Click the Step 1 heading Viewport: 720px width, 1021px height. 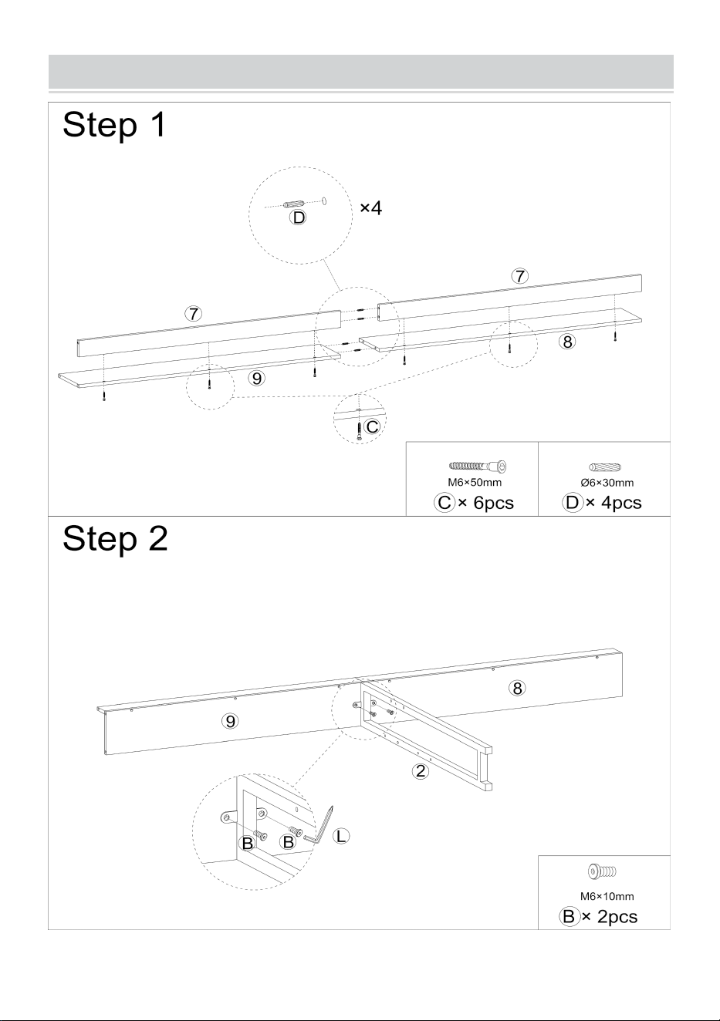(114, 124)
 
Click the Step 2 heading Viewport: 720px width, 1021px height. (115, 538)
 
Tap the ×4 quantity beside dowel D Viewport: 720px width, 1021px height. (371, 208)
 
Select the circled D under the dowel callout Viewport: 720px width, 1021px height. (299, 217)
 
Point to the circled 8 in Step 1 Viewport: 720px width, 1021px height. (567, 342)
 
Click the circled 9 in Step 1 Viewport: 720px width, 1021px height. (257, 378)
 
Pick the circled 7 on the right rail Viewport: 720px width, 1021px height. (519, 276)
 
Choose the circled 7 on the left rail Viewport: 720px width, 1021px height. (194, 314)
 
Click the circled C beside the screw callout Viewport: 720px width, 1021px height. (372, 426)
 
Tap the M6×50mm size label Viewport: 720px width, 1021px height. (475, 482)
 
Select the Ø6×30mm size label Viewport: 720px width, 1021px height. (607, 483)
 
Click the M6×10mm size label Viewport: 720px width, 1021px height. (607, 896)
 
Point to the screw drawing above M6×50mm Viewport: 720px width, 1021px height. (478, 467)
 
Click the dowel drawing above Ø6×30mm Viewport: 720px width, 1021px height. (605, 467)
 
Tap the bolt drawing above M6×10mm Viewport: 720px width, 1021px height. (602, 871)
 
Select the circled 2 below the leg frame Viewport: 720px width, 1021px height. (421, 770)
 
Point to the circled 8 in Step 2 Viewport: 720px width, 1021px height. (517, 688)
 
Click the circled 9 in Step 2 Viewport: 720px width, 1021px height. (231, 721)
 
